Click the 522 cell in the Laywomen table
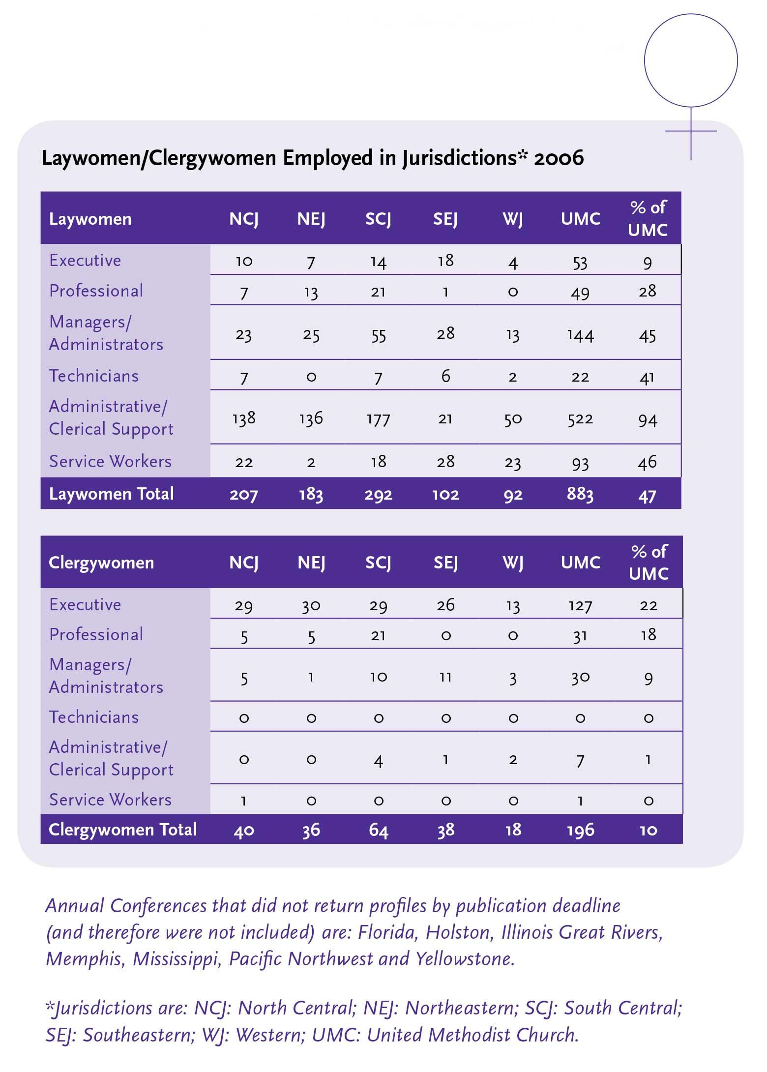tap(580, 419)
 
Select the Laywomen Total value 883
tap(580, 494)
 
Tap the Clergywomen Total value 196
tap(580, 830)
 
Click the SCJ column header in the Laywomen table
tap(378, 219)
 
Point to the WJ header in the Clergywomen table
tap(513, 563)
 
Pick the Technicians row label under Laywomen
tap(94, 376)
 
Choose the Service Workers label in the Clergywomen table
tap(110, 800)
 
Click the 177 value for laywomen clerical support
tap(378, 419)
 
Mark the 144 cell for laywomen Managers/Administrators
tap(580, 335)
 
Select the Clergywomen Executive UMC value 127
tap(580, 605)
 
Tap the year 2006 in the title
tap(559, 158)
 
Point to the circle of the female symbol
tap(691, 60)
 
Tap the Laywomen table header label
tap(90, 219)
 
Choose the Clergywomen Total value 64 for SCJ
tap(378, 830)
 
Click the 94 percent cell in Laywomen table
tap(648, 419)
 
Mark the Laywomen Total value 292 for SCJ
tap(378, 494)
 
